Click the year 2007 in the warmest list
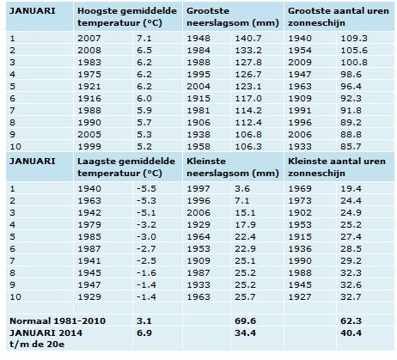[x=89, y=38]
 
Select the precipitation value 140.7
[x=248, y=38]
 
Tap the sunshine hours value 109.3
[x=354, y=38]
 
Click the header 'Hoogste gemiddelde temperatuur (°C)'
[x=127, y=17]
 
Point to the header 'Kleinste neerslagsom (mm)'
[x=233, y=168]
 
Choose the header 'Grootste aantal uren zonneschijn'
[x=339, y=17]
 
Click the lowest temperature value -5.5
[x=146, y=189]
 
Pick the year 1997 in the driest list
[x=198, y=189]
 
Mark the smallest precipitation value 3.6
[x=242, y=189]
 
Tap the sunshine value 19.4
[x=351, y=189]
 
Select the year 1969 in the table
[x=300, y=189]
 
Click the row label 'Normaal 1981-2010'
[x=58, y=320]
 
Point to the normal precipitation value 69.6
[x=245, y=320]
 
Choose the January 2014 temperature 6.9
[x=144, y=333]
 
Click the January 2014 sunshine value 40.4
[x=351, y=333]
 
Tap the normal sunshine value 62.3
[x=351, y=320]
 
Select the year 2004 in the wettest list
[x=198, y=86]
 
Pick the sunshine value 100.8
[x=354, y=62]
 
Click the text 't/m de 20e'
[x=37, y=344]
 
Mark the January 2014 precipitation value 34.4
[x=245, y=333]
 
